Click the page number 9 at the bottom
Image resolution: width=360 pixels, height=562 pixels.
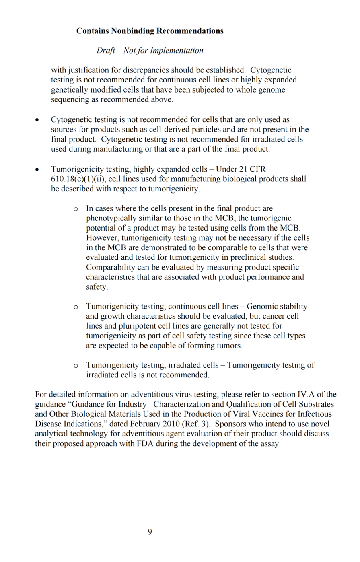coord(150,532)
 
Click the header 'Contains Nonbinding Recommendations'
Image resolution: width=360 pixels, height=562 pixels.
coord(150,31)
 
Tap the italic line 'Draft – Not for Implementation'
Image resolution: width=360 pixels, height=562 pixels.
coord(150,51)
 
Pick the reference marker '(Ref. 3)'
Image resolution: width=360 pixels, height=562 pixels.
coord(195,424)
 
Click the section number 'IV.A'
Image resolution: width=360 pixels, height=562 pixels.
coord(306,395)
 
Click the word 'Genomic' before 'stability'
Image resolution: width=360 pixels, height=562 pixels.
coord(261,307)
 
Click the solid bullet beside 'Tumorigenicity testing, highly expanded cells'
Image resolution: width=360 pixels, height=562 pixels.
coord(37,170)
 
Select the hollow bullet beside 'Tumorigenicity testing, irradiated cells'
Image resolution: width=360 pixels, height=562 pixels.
coord(76,366)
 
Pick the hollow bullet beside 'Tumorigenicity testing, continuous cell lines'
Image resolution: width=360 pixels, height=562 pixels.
coord(76,307)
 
